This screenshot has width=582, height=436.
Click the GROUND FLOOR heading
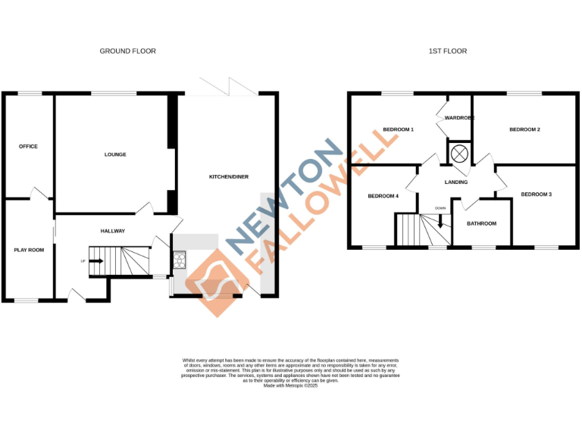(127, 51)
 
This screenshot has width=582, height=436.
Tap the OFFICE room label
(28, 147)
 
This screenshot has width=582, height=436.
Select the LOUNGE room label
(115, 154)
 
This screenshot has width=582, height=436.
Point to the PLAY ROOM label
(29, 250)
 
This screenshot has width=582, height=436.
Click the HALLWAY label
(113, 231)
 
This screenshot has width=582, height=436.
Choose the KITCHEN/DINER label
(229, 177)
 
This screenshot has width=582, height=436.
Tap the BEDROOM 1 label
(398, 129)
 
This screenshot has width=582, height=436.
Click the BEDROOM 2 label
(524, 129)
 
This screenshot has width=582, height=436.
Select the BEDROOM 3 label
(536, 195)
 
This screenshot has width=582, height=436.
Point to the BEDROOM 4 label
(383, 196)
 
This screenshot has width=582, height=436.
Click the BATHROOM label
(481, 223)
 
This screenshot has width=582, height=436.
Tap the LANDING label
(456, 182)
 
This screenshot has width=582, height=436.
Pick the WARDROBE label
(459, 118)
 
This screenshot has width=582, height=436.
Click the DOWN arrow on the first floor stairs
(441, 222)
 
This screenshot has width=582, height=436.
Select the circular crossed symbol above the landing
(458, 154)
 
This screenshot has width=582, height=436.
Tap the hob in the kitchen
(180, 260)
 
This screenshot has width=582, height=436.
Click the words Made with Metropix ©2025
(290, 385)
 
